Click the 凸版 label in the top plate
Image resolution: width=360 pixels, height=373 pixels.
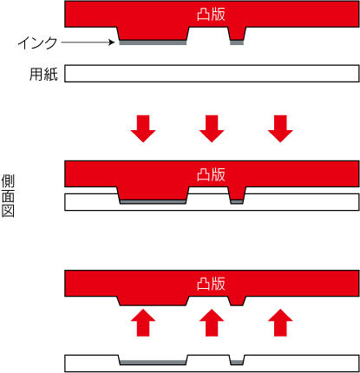211,15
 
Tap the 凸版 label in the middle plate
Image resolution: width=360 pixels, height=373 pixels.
211,174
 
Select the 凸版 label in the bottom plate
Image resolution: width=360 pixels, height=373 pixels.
211,284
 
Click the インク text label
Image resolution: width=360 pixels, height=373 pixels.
38,43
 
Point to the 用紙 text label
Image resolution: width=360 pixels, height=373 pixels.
44,75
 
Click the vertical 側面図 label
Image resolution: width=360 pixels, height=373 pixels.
8,196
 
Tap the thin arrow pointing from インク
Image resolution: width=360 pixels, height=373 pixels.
88,43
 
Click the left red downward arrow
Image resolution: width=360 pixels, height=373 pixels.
143,128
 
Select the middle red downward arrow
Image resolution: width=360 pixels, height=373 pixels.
212,128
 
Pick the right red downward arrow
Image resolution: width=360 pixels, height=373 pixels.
280,128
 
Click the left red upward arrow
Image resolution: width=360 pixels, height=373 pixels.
143,323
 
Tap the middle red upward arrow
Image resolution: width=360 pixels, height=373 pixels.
212,323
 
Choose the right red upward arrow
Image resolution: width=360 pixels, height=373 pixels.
280,323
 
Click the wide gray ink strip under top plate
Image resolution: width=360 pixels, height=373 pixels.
153,43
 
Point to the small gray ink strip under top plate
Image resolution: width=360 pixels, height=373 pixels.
237,43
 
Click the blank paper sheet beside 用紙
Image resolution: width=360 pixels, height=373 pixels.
212,74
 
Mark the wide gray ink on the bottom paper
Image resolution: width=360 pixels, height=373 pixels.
153,363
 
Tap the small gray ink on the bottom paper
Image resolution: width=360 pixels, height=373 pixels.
237,363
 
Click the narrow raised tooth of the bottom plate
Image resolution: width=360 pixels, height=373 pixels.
237,301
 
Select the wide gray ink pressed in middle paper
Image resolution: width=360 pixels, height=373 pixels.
153,202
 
